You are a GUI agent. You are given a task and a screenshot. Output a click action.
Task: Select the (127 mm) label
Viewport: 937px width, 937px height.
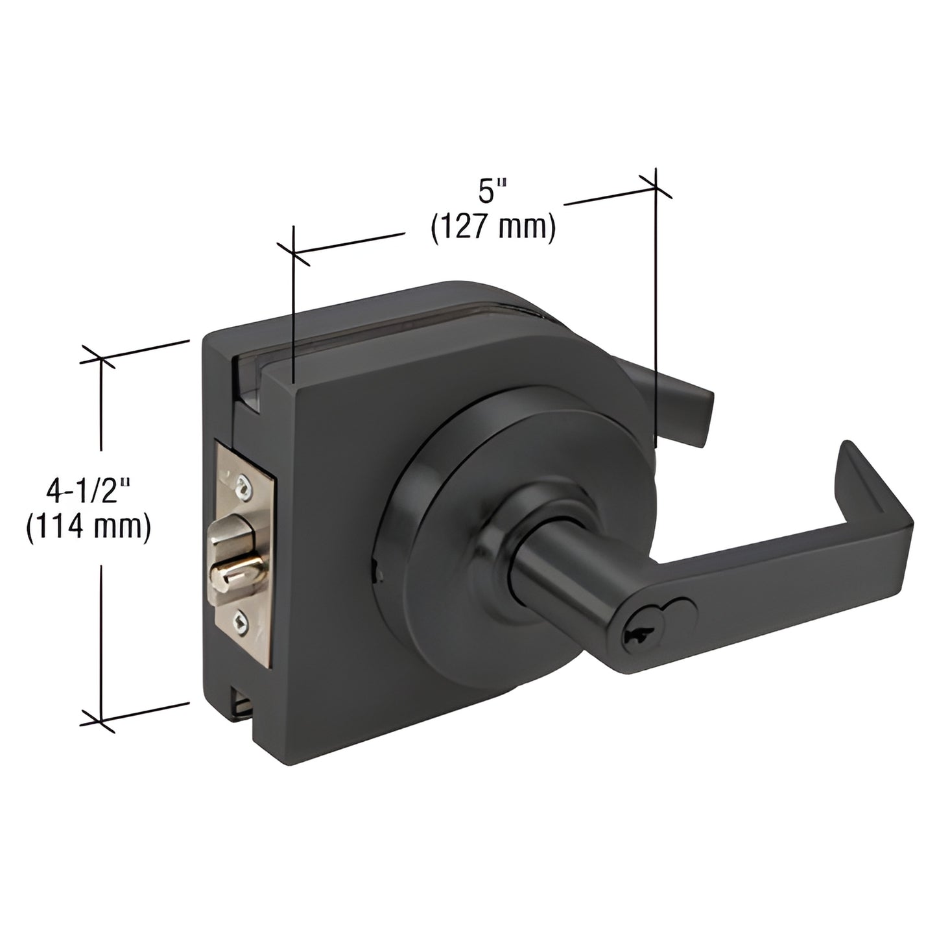click(493, 228)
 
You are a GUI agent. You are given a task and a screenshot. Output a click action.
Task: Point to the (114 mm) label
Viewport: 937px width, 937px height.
click(88, 526)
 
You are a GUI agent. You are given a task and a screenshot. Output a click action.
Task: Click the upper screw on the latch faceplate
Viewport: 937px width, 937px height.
click(243, 486)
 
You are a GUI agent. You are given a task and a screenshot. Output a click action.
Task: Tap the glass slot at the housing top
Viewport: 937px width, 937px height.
click(363, 337)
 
